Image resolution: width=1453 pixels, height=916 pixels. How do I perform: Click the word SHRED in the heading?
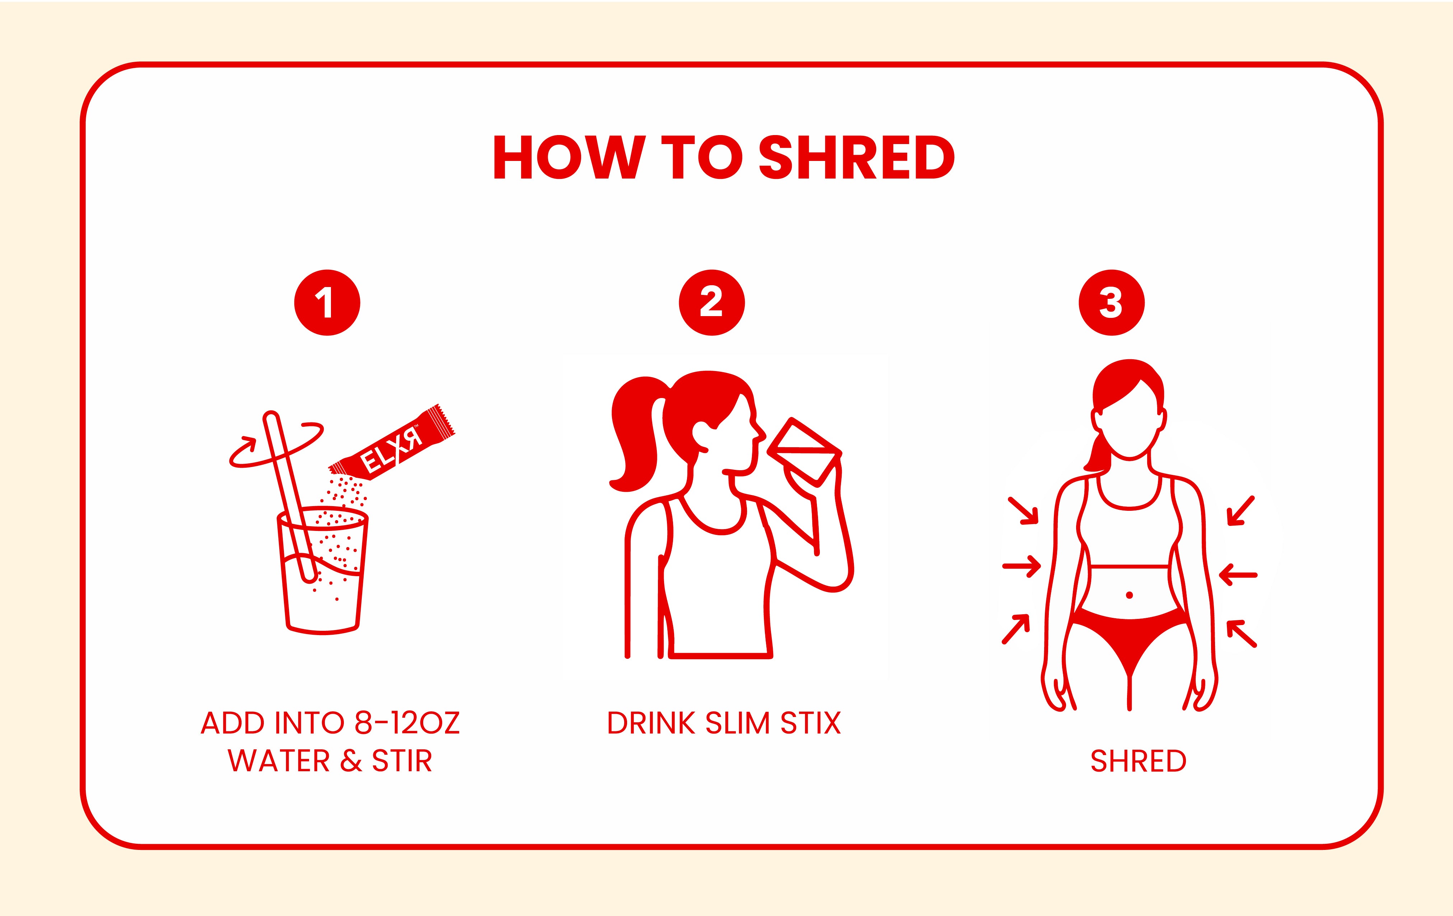pyautogui.click(x=856, y=158)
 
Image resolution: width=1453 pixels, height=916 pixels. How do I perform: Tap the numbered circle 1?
pyautogui.click(x=327, y=302)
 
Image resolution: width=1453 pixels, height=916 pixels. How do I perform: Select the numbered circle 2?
pyautogui.click(x=711, y=302)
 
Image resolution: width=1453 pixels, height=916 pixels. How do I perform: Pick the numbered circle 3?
pyautogui.click(x=1112, y=302)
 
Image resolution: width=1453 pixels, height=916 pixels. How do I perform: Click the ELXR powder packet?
pyautogui.click(x=392, y=443)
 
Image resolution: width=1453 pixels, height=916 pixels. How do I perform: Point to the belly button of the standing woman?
pyautogui.click(x=1130, y=595)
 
